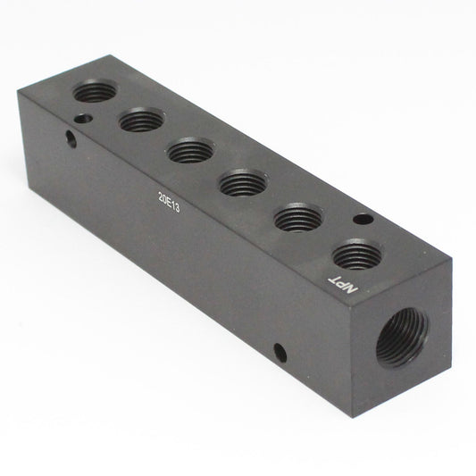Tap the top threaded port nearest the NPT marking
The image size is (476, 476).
(357, 255)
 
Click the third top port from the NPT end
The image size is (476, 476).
(243, 183)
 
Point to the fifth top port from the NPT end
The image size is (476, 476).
(142, 119)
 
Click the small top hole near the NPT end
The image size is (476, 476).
(361, 219)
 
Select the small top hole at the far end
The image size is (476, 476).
(82, 116)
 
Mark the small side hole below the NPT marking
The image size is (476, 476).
(280, 352)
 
